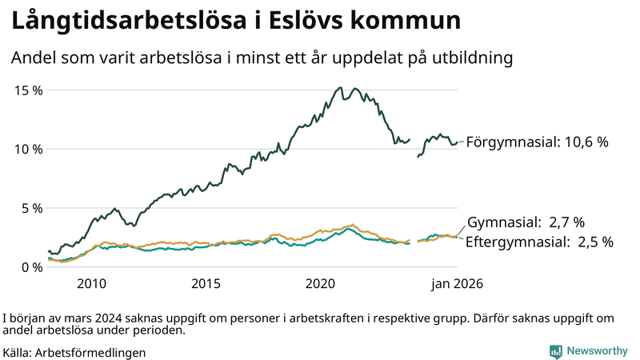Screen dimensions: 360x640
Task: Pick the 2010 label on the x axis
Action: coord(91,284)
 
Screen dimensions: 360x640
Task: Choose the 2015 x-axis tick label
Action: coord(206,284)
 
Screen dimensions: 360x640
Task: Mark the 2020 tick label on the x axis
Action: coord(320,284)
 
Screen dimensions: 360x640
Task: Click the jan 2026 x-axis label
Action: coord(458,284)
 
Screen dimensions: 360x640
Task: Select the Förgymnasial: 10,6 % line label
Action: coord(537,142)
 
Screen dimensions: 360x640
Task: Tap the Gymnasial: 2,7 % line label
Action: coord(526,222)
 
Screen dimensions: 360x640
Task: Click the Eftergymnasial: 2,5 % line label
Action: coord(539,241)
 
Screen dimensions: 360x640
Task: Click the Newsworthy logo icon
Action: coord(555,351)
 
